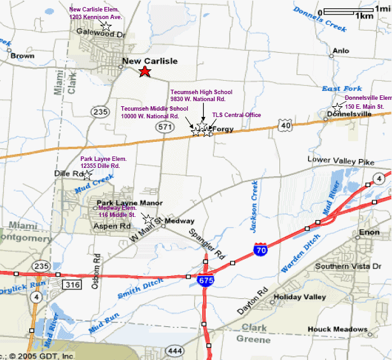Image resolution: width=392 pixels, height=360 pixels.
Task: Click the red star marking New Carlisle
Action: [145, 71]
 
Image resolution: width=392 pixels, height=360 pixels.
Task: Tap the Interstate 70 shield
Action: [260, 250]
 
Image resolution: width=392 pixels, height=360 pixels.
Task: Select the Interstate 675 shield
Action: [204, 280]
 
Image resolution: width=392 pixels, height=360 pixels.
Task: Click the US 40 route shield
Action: [284, 128]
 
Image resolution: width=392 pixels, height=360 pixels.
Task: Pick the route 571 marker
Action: [165, 127]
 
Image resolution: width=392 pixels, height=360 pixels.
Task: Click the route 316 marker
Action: [72, 286]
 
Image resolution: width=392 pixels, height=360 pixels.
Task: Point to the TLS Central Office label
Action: [236, 115]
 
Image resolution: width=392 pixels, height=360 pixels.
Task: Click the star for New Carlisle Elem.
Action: [106, 26]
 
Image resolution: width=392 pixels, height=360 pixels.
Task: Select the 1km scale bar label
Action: [365, 16]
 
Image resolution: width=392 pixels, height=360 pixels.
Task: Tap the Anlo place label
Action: [341, 51]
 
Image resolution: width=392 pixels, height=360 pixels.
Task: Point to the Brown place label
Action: [22, 56]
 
